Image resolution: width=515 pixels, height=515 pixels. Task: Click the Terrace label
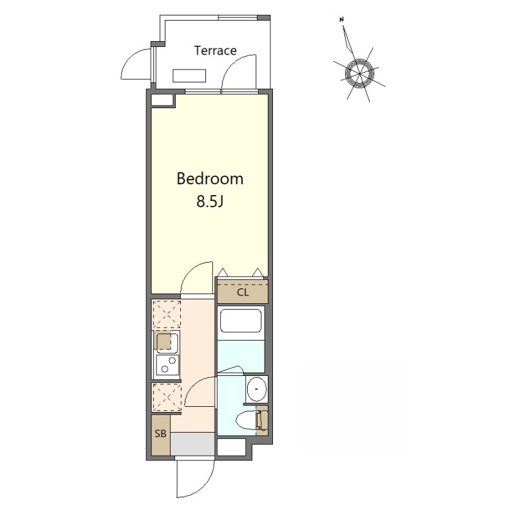tap(215, 50)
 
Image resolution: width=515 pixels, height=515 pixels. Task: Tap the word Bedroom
tap(210, 179)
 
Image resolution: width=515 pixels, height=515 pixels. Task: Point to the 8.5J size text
tap(210, 201)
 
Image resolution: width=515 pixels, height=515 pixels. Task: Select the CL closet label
tap(243, 292)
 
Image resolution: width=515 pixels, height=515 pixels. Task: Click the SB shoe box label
tap(160, 434)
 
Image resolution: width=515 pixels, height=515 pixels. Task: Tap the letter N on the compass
tap(342, 20)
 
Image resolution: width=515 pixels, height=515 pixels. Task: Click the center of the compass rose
tap(360, 73)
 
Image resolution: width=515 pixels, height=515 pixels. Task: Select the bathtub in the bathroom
tap(241, 321)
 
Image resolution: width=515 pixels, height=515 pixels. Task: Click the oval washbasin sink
tap(257, 389)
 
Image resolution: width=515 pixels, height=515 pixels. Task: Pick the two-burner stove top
tap(167, 364)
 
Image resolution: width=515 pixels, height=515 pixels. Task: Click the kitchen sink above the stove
tap(167, 342)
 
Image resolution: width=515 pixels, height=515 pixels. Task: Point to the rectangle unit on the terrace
tap(189, 75)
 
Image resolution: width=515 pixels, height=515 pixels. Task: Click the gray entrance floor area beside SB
tap(192, 444)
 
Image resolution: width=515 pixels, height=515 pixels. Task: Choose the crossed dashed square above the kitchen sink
tap(167, 314)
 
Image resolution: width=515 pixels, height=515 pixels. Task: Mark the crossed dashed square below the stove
tap(167, 397)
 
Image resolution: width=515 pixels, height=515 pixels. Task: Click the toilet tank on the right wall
tap(263, 420)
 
